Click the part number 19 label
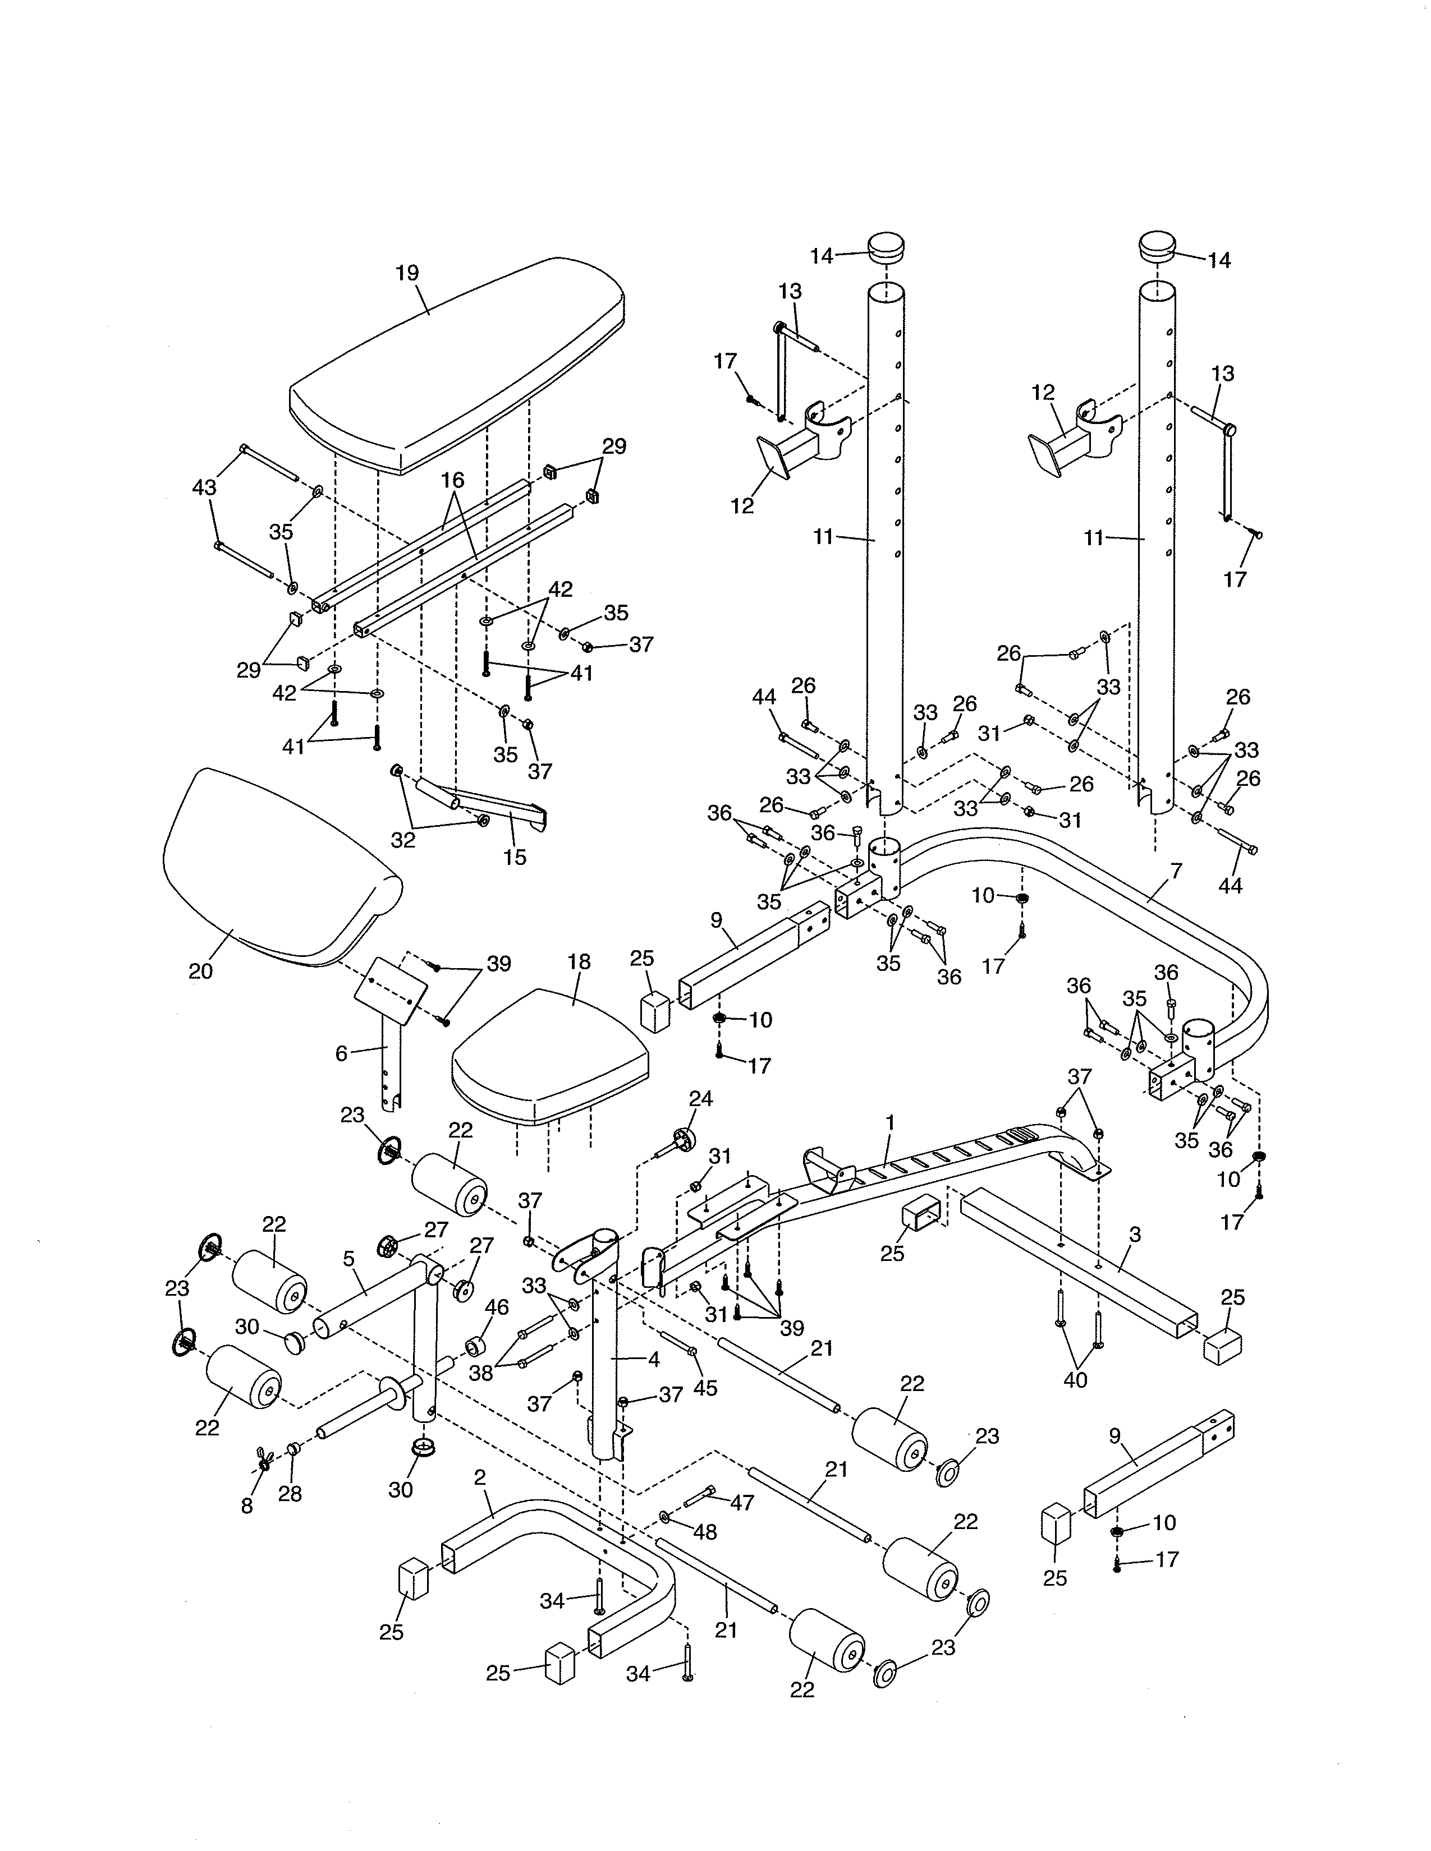[407, 273]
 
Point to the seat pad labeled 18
[551, 1051]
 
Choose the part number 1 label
[890, 1121]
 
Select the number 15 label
[515, 857]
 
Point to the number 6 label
[342, 1053]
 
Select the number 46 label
[496, 1307]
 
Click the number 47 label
[742, 1503]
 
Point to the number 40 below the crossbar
[1075, 1380]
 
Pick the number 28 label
[290, 1494]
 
